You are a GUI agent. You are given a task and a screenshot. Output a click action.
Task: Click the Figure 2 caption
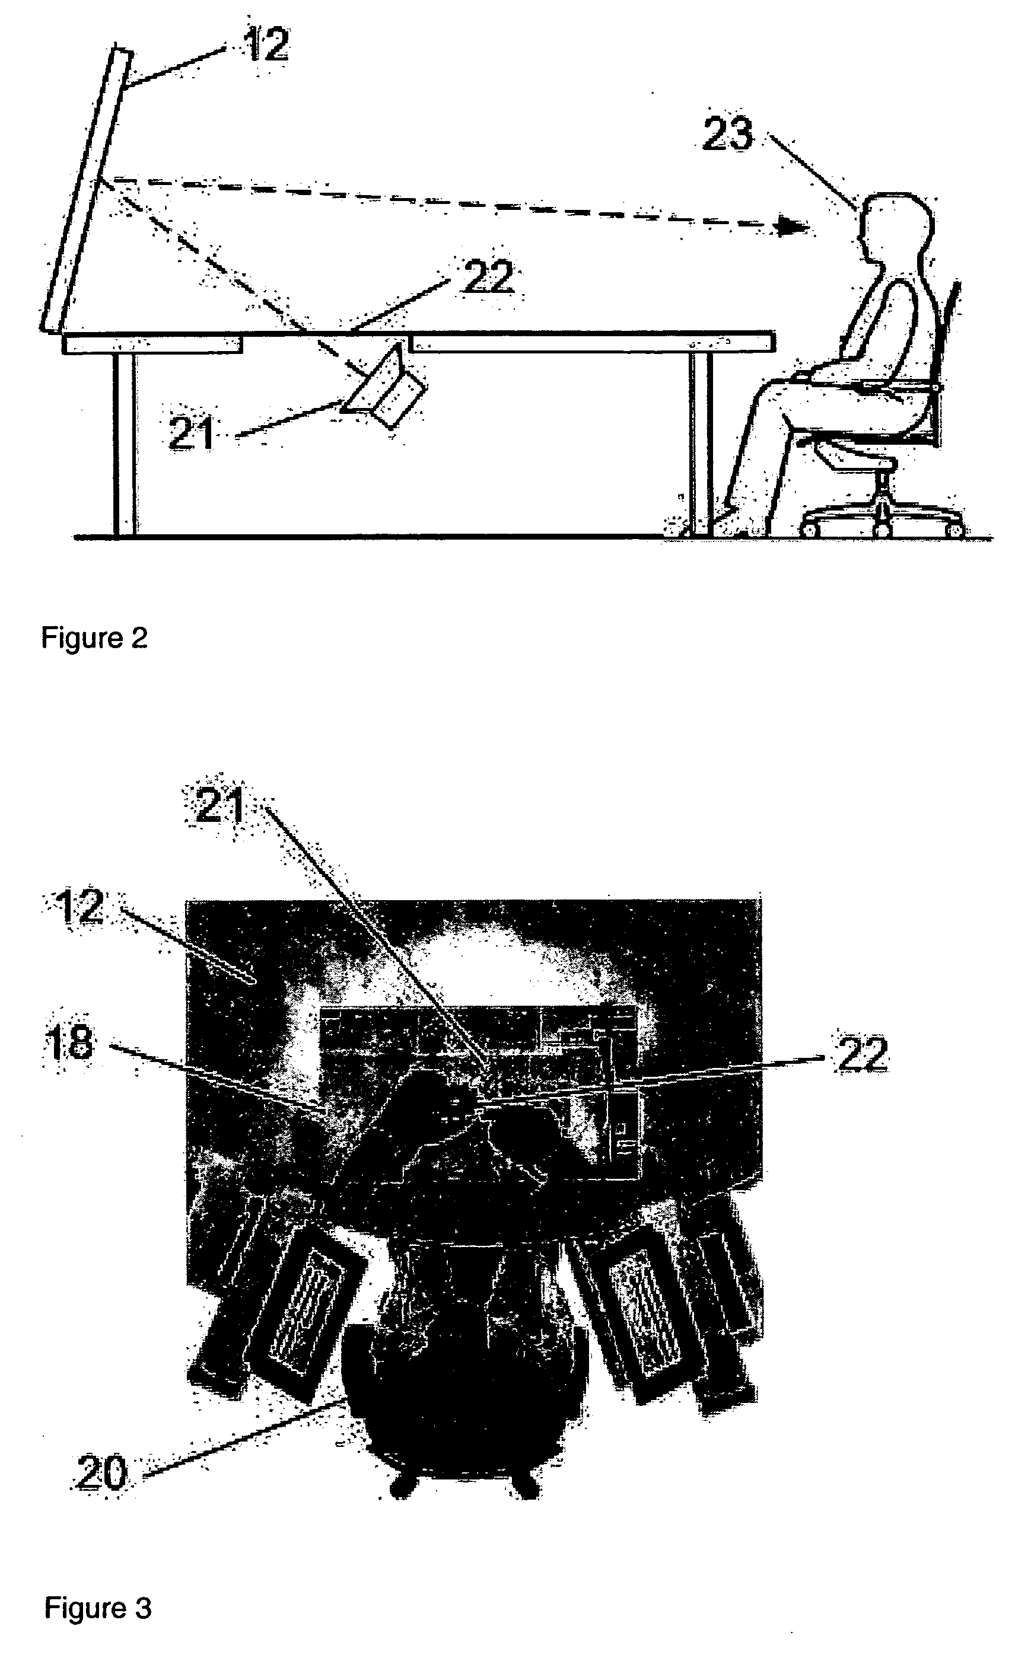[94, 638]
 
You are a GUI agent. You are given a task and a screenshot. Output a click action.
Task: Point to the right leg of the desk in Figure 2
[701, 443]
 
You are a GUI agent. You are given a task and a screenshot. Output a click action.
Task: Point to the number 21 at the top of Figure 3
[219, 805]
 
